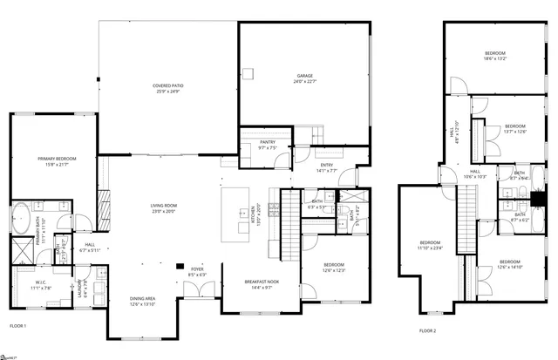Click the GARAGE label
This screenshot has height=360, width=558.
pos(303,77)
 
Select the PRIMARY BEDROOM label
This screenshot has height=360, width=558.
pos(57,159)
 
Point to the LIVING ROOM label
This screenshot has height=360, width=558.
pos(163,206)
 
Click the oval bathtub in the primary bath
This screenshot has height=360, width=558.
pos(21,218)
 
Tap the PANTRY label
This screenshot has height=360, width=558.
pos(267,142)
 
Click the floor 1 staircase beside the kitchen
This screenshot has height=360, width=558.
pos(289,225)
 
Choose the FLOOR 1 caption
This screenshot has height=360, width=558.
pos(17,326)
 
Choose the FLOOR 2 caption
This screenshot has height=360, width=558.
pos(427,331)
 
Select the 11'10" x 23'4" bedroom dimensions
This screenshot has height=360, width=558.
pos(431,248)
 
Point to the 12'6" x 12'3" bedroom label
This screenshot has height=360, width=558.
pos(335,269)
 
